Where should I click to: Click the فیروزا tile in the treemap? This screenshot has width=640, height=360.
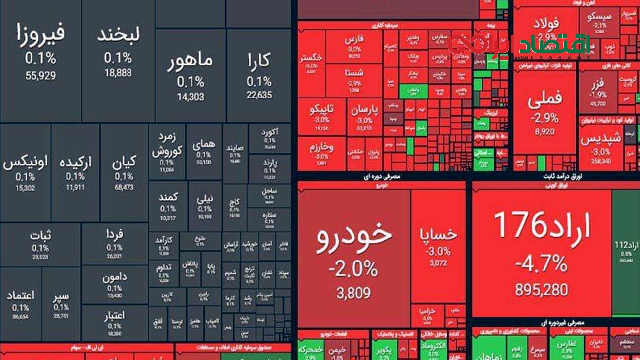40,34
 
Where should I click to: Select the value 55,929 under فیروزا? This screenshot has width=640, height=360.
40,76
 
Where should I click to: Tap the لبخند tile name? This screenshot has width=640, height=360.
118,34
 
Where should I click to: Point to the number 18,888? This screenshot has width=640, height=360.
118,73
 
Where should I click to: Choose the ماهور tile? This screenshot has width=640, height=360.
191,62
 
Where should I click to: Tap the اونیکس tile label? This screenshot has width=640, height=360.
26,163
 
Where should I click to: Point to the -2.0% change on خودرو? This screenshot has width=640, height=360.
353,269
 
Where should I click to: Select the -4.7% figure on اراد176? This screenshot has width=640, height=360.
542,265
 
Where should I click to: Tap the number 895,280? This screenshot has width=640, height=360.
542,290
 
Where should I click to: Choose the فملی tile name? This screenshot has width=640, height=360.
544,99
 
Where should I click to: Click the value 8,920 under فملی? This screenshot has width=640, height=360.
544,132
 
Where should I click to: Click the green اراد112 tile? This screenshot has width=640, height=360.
626,251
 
